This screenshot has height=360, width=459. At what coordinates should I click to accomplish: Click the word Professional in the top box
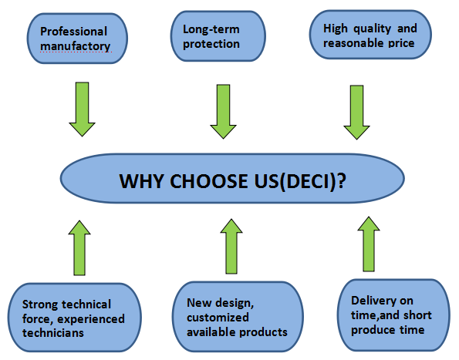pos(73,32)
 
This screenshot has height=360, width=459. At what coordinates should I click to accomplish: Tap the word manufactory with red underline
pos(76,46)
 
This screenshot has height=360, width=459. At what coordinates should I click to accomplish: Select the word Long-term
pos(211,29)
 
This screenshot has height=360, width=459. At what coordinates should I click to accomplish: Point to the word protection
pos(211,44)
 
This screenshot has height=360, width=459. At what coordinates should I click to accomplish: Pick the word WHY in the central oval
pos(142,181)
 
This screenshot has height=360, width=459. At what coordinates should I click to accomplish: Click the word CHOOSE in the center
pos(209,181)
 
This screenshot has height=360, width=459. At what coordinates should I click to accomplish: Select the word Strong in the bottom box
pos(40,305)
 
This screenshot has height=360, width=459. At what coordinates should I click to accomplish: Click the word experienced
pos(91,319)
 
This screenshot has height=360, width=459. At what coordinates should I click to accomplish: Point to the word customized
pos(218,318)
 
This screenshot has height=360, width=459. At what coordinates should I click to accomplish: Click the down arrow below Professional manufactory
pos(83,109)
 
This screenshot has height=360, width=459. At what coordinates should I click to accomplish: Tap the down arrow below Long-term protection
pos(224,112)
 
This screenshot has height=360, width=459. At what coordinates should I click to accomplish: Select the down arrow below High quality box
pos(356,113)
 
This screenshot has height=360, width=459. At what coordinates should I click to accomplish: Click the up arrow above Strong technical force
pos(79,248)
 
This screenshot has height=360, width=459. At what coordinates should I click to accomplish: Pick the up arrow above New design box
pos(231,246)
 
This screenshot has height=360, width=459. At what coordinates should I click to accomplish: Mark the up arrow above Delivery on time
pos(369,244)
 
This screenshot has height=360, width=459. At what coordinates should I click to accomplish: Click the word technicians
pos(53,333)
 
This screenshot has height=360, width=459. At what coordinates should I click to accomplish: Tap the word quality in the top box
pos(372,29)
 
